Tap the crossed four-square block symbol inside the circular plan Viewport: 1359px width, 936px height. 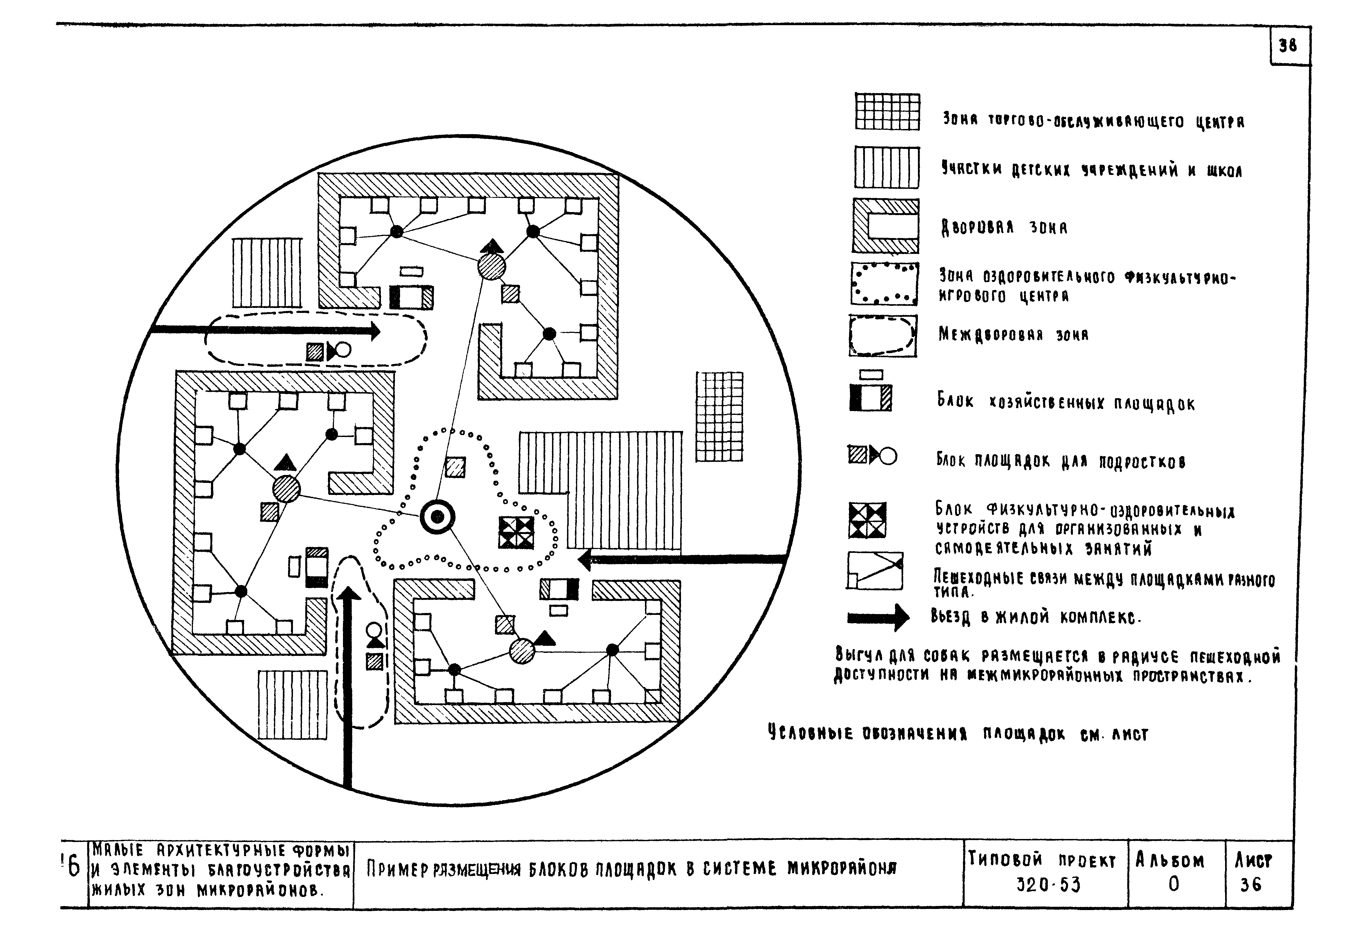516,532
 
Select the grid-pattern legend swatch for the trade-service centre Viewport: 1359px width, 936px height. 887,112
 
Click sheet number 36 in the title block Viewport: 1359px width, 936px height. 1251,884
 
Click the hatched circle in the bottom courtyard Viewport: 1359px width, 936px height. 522,651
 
